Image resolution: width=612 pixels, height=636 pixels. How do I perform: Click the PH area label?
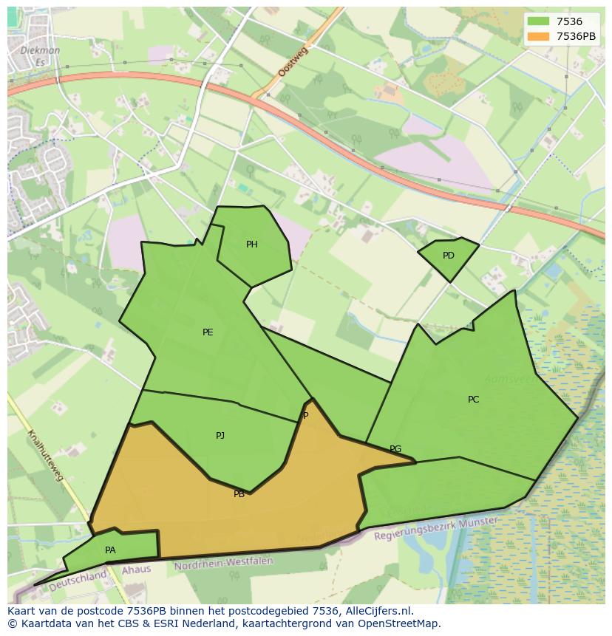[x=252, y=245]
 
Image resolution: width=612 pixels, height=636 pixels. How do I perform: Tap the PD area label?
[x=449, y=256]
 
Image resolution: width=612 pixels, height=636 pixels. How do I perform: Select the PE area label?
[x=208, y=332]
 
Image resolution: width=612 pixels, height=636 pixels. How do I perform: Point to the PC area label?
[x=474, y=400]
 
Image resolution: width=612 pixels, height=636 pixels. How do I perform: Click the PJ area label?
[x=220, y=436]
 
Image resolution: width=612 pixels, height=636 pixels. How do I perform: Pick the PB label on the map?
[x=239, y=494]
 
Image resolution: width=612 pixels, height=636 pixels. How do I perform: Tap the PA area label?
[x=110, y=550]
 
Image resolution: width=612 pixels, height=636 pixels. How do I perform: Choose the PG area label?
[x=395, y=449]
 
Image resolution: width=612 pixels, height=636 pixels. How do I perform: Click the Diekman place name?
[x=41, y=51]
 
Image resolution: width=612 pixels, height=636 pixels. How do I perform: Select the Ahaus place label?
[x=136, y=570]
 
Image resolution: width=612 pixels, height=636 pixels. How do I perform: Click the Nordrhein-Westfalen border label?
[x=223, y=564]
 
